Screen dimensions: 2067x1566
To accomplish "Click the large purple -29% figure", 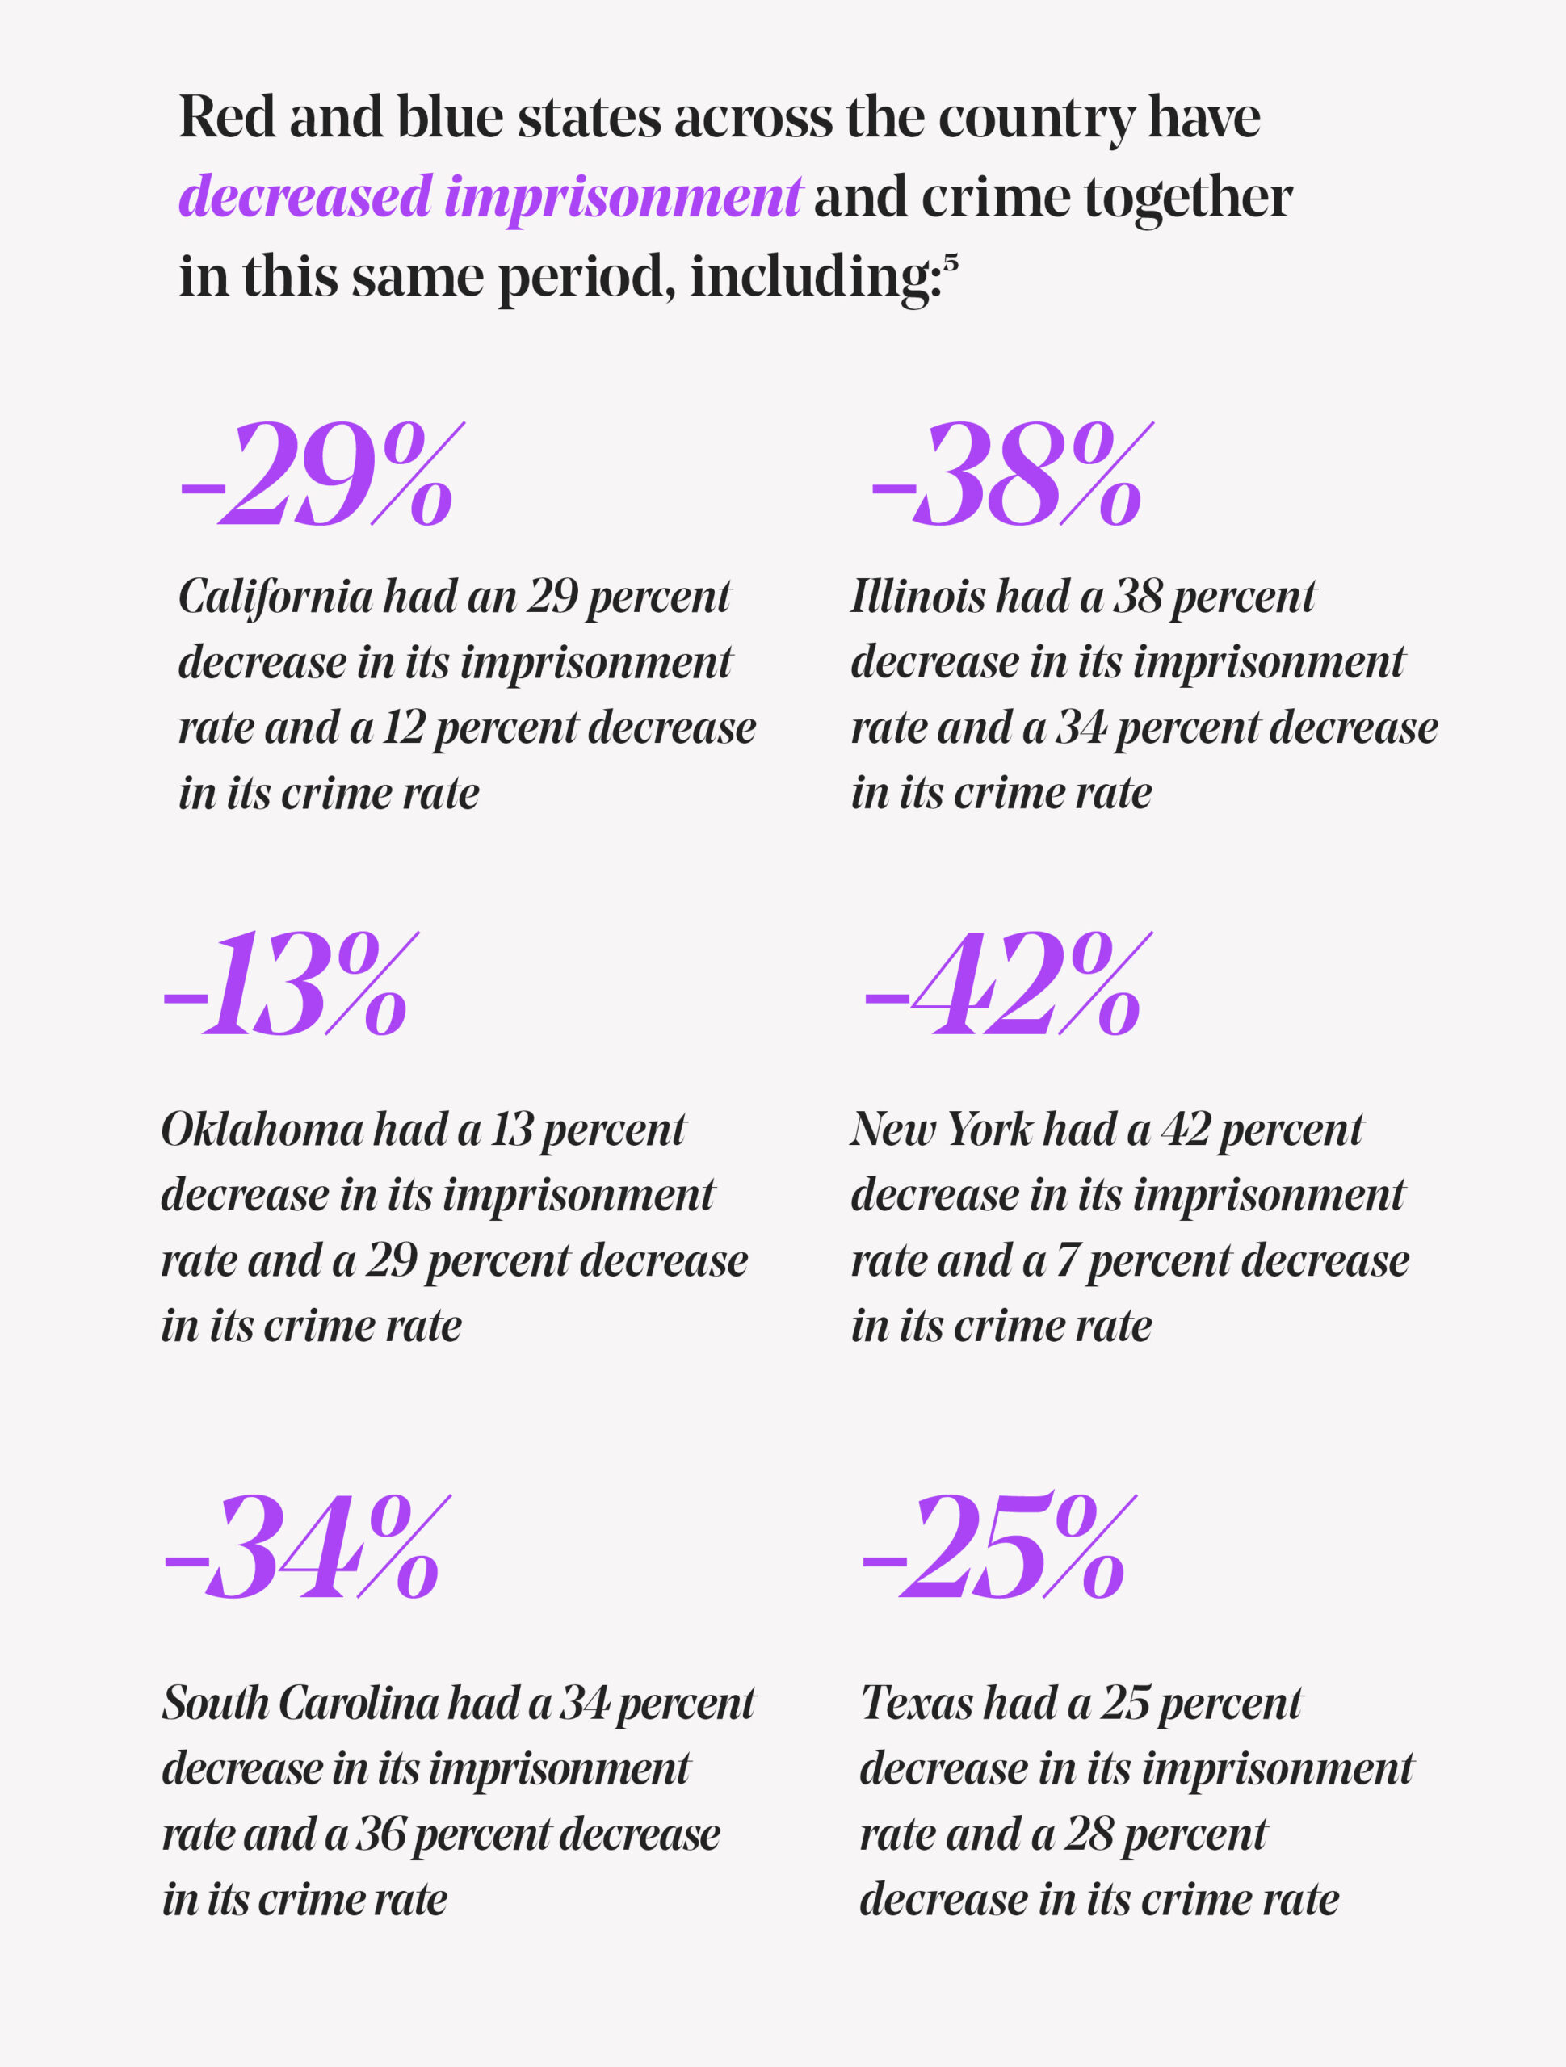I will point(318,474).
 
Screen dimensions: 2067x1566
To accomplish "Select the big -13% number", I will point(286,985).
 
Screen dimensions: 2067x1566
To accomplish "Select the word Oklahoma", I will point(261,1129).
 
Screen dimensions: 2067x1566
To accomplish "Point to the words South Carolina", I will point(299,1703).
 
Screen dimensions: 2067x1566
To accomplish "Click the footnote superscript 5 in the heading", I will point(950,262).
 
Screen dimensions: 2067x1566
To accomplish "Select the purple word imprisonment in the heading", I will point(622,198).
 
